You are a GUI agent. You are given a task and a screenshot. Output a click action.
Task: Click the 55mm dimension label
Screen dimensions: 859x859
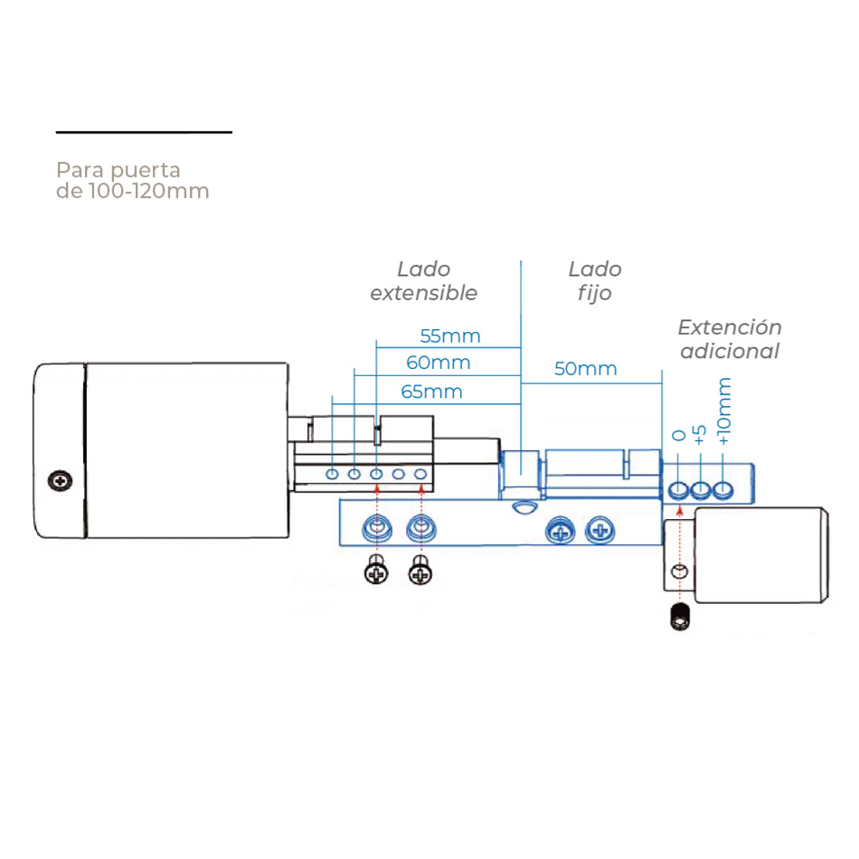450,336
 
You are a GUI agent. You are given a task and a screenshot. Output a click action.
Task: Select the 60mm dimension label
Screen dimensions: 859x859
439,363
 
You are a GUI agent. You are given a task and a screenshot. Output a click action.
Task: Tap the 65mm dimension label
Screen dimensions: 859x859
430,392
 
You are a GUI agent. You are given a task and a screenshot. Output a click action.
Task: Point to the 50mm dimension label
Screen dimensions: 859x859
586,369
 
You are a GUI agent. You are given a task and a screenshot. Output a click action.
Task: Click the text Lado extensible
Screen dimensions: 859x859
423,280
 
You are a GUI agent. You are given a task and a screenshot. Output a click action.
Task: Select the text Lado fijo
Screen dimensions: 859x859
595,280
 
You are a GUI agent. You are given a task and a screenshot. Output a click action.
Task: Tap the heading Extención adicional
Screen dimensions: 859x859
730,339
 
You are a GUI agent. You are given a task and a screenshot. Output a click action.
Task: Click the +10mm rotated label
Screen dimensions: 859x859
723,411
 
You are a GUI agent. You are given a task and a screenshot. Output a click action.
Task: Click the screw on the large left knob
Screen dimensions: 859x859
61,480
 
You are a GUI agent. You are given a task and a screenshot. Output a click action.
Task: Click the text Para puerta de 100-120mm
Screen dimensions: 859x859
132,180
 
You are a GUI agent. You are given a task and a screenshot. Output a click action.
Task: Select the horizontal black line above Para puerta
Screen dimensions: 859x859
144,133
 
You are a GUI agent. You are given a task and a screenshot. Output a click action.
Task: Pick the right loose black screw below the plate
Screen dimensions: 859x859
420,571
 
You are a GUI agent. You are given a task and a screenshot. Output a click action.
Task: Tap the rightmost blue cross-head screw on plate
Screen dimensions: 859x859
599,531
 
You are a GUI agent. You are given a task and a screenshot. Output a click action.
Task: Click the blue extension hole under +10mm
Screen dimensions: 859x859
722,491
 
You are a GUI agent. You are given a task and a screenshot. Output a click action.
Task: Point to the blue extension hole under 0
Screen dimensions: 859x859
679,491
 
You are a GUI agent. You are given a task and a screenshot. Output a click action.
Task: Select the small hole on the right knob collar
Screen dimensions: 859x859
679,571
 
